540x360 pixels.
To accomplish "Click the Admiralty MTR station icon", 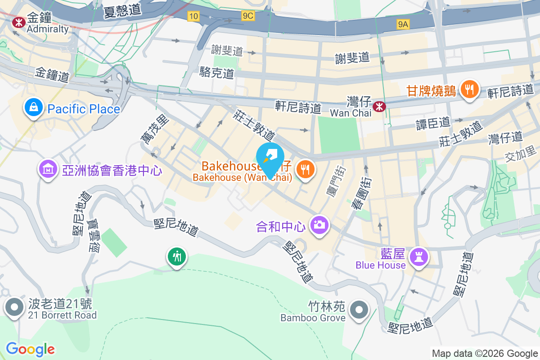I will point(19,21).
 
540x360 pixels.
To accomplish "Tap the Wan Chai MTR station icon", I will point(380,106).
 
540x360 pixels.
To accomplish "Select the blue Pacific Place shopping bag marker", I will point(34,108).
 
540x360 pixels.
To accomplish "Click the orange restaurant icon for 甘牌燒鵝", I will point(469,90).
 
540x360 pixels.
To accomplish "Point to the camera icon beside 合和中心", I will point(319,224).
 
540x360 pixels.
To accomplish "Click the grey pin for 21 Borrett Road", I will point(14,307).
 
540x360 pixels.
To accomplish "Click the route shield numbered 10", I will point(193,16).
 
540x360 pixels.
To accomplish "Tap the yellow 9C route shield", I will point(248,16).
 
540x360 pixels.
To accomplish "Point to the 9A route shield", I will point(403,25).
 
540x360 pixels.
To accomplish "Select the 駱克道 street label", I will point(217,72).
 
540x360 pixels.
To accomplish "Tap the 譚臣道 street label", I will point(439,121).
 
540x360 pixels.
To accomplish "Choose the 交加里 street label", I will point(521,156).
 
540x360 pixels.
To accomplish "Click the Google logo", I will point(31,349).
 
